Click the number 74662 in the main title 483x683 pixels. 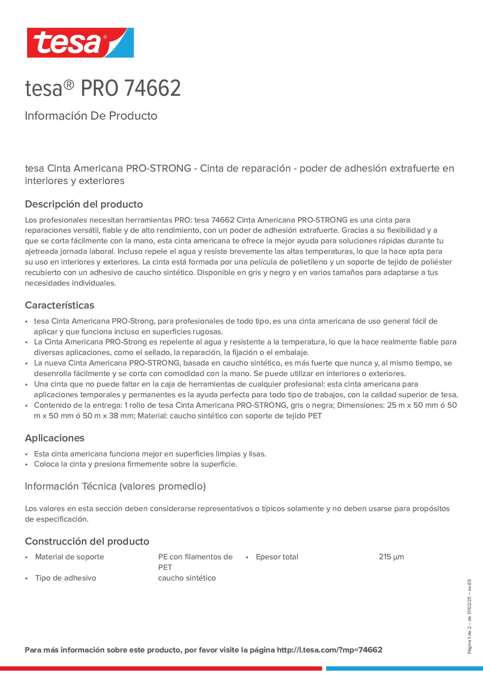(152, 88)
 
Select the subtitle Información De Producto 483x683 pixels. (91, 116)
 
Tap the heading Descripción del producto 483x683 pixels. (84, 204)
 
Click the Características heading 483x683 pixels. (59, 305)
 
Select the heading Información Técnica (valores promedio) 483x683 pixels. (115, 486)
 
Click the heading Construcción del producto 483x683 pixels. (87, 541)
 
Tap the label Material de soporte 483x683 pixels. (69, 557)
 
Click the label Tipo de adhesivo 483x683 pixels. (66, 578)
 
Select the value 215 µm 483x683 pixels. (391, 557)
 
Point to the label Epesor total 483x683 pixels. (277, 557)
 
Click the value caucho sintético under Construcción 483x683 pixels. (187, 578)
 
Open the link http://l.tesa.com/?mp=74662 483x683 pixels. (329, 650)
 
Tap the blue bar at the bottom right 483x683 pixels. (404, 668)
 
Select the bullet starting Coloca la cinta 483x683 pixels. (135, 464)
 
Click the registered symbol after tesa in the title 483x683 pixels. (69, 85)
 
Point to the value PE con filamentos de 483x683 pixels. (195, 557)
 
